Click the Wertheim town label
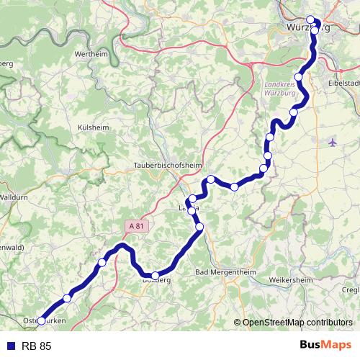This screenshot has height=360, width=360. point(91,55)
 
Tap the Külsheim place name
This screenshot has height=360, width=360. point(91,127)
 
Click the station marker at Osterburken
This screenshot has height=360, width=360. point(41,321)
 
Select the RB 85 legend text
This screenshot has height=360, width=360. point(37,346)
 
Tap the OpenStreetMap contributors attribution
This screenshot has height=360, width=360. point(297,323)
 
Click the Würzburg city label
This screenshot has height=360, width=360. point(299,29)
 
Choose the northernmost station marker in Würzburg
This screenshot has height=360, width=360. point(311,20)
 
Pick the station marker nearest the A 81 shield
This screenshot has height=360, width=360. point(102,264)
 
